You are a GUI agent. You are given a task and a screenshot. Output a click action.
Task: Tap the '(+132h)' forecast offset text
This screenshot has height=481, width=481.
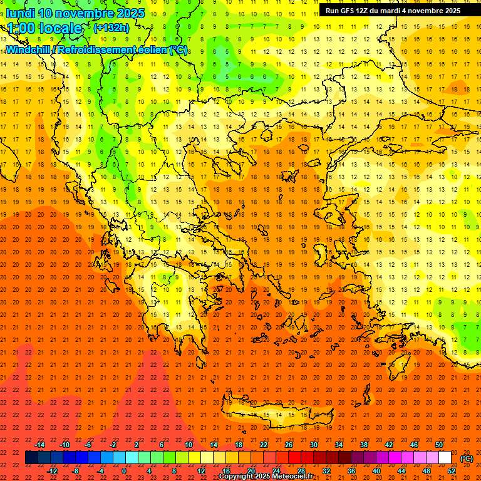(111, 28)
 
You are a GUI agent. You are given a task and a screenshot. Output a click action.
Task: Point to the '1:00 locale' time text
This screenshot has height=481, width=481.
(45, 28)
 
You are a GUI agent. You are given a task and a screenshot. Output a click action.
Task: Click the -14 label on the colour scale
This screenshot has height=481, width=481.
(40, 444)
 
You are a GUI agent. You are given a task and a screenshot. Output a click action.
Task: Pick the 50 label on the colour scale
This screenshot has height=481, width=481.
(438, 444)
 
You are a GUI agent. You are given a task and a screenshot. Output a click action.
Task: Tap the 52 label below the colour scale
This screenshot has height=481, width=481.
(452, 471)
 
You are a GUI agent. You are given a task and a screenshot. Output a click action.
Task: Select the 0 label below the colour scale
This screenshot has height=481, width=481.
(124, 471)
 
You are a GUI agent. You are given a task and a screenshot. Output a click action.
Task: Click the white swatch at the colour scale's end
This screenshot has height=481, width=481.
(445, 458)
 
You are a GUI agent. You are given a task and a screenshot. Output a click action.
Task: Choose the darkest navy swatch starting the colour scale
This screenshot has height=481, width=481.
(31, 458)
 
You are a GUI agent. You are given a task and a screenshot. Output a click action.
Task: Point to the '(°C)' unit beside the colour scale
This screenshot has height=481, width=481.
(467, 458)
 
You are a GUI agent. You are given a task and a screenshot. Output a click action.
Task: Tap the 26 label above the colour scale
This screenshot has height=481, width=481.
(289, 444)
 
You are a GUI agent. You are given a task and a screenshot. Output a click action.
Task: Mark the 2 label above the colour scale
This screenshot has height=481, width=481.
(137, 444)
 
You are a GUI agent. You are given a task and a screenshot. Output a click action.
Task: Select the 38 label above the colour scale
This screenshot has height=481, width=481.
(363, 444)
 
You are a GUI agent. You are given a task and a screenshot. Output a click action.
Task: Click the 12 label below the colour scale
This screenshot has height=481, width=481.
(201, 471)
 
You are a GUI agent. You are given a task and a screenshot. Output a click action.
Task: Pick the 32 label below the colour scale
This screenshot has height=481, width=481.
(326, 471)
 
